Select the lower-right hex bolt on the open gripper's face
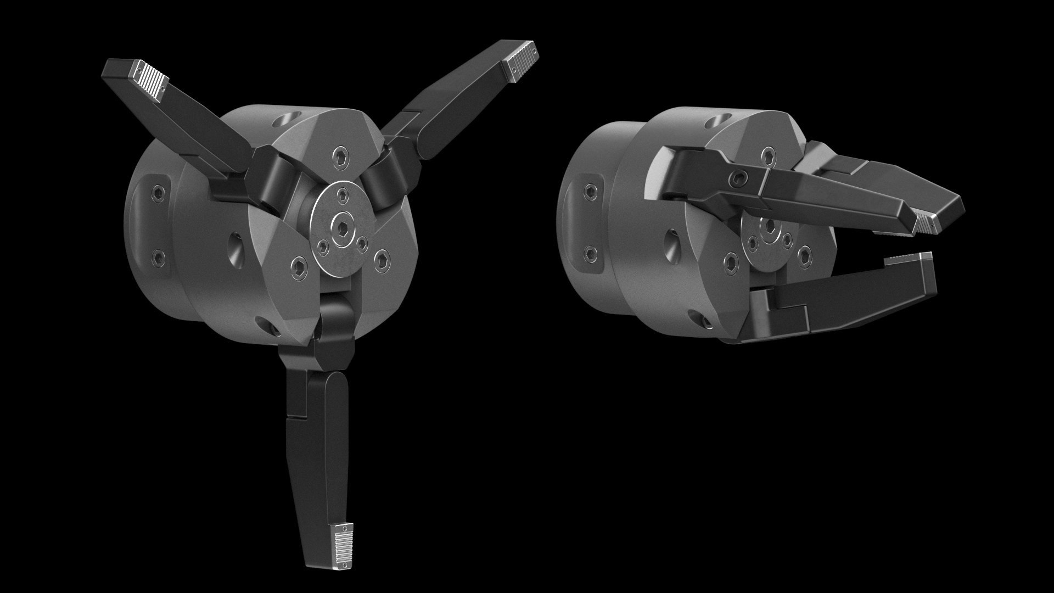382,258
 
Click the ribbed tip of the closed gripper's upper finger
929,223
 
